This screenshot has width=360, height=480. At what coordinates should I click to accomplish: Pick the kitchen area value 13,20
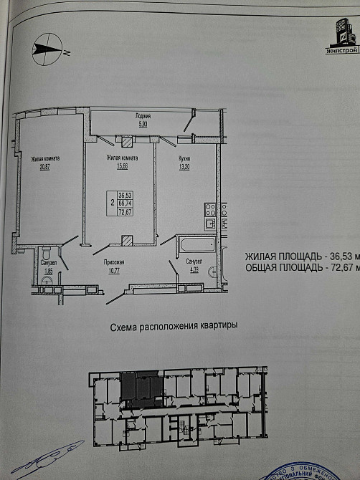tap(183, 166)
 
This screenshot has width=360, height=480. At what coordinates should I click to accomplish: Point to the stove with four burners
tap(211, 211)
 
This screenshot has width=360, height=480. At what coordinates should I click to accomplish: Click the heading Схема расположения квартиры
tap(174, 327)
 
